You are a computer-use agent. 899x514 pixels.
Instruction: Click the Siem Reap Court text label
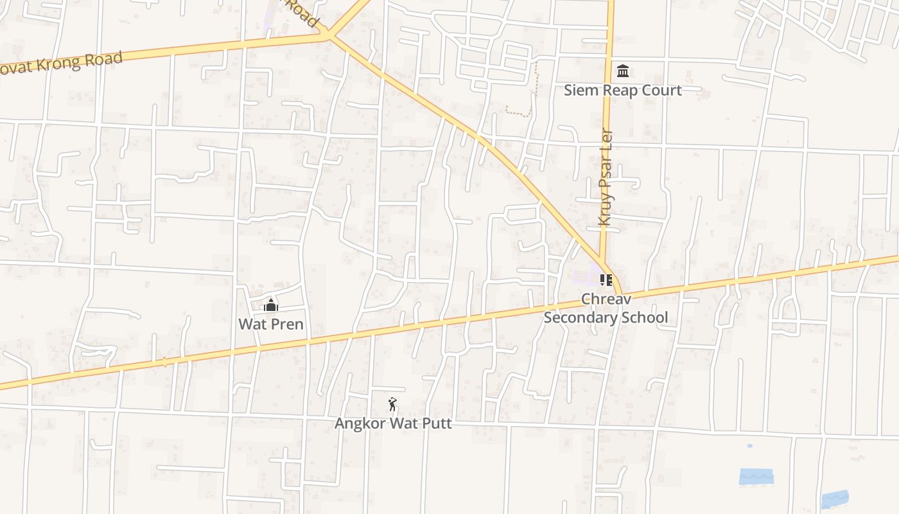[x=622, y=90]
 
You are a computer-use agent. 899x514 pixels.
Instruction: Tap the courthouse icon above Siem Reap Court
[x=622, y=70]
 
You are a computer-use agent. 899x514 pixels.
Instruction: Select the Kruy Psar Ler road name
[x=605, y=178]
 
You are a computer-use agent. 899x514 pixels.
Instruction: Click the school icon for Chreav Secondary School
[x=606, y=279]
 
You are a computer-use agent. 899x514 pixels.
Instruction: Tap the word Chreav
[x=606, y=299]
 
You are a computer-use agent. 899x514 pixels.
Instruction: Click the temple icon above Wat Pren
[x=271, y=305]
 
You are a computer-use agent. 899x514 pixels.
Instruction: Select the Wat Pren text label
[x=271, y=324]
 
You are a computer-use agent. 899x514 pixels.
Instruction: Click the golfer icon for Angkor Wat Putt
[x=392, y=404]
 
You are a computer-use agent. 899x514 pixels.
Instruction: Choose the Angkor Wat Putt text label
[x=393, y=423]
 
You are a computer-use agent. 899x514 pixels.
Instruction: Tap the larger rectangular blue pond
[x=756, y=476]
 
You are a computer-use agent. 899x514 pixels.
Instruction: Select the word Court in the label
[x=662, y=90]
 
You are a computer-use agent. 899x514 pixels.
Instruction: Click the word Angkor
[x=357, y=423]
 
